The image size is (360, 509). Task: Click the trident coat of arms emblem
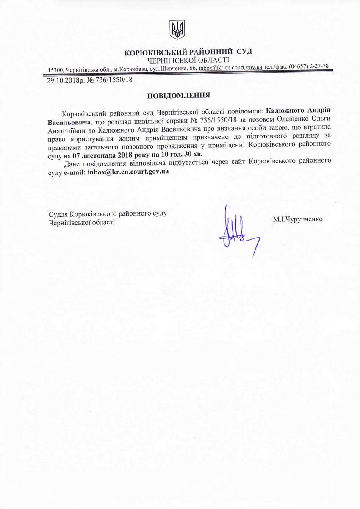[177, 29]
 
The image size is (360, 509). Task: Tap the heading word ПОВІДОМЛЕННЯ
[178, 96]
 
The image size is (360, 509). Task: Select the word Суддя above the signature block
[58, 214]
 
